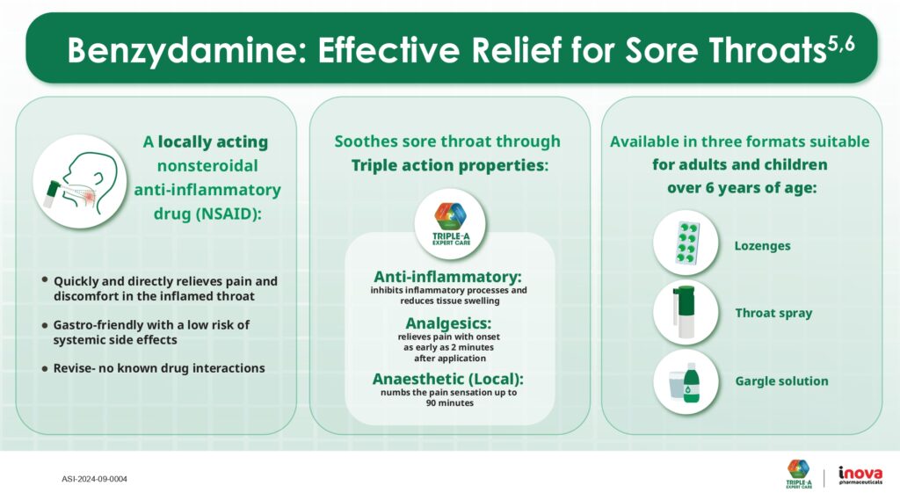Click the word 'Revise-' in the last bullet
point(79,368)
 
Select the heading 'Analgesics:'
point(449,322)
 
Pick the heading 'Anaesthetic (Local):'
point(448,379)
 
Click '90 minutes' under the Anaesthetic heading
point(449,402)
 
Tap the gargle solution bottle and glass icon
point(686,380)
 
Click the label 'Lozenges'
point(762,245)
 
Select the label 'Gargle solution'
point(781,380)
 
